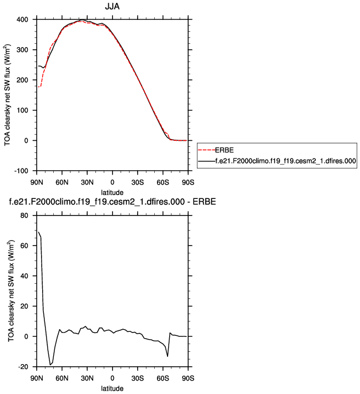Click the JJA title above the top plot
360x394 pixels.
click(113, 7)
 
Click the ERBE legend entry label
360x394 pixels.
click(224, 150)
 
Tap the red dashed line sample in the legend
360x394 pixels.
click(205, 150)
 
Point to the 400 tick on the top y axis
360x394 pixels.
click(23, 20)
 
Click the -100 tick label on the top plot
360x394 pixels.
click(21, 171)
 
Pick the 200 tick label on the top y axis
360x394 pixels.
click(23, 80)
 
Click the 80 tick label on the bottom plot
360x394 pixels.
click(24, 216)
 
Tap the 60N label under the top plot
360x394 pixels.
click(62, 182)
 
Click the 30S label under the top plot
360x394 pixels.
click(138, 182)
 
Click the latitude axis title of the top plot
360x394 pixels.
click(113, 191)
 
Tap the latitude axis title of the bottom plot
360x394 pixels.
click(113, 387)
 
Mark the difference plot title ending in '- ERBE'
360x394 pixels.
click(112, 202)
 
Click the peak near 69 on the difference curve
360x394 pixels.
click(38, 232)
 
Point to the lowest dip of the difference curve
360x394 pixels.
click(50, 365)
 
